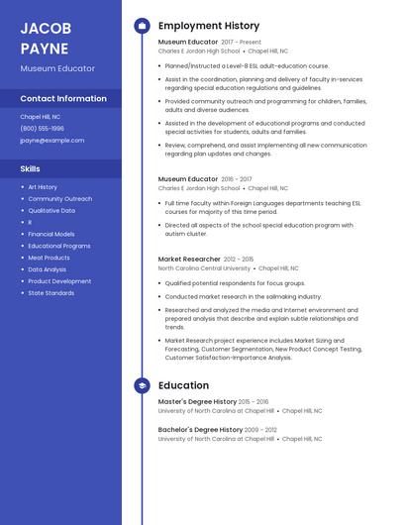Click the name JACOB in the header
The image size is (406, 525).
click(45, 28)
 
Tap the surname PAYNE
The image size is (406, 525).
click(45, 48)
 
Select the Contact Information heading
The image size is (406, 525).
click(63, 98)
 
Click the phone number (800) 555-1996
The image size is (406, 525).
click(42, 128)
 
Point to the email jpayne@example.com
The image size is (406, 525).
click(51, 140)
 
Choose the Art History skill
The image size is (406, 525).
click(43, 187)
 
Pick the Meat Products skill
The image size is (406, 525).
click(49, 258)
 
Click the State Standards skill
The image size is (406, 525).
click(51, 293)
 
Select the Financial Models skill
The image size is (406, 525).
click(51, 234)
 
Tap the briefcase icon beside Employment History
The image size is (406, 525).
click(142, 26)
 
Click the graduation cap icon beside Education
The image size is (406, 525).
click(142, 384)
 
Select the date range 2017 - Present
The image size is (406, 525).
click(242, 43)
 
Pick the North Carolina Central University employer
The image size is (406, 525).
click(205, 267)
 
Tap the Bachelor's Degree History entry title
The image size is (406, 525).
click(200, 430)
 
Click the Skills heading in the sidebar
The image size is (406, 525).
click(30, 168)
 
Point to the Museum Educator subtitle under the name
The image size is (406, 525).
click(57, 68)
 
